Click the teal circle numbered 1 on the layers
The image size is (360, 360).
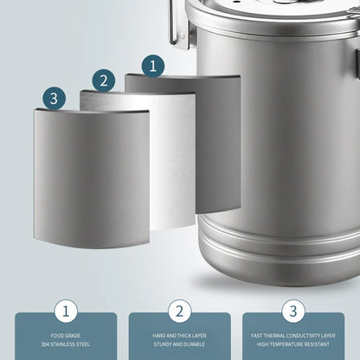[153, 65]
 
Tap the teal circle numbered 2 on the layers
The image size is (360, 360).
[104, 80]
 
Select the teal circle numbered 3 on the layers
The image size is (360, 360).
[54, 98]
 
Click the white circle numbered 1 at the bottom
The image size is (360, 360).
[66, 312]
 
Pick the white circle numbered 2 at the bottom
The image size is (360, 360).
[180, 312]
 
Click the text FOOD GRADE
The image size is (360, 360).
[66, 336]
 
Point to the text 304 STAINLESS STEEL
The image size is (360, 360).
[66, 344]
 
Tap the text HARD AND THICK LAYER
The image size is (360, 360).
[180, 336]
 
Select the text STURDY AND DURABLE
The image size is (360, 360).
[180, 344]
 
